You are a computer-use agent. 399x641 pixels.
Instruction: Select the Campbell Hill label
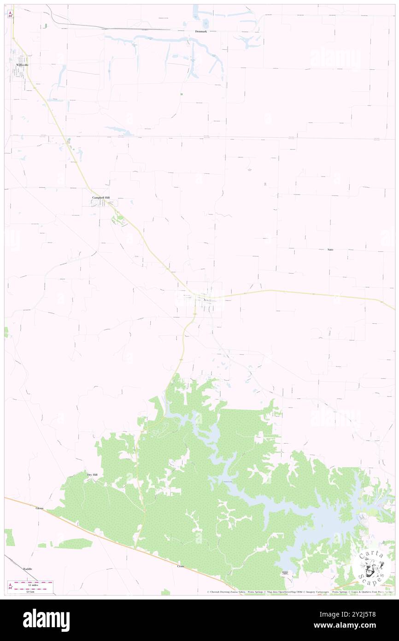(x=100, y=197)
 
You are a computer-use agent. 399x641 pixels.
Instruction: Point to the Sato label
(x=330, y=249)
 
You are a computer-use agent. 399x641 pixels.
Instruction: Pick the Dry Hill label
(x=92, y=474)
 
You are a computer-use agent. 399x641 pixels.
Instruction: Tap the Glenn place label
(x=39, y=508)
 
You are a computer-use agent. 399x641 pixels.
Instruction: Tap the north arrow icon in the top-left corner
(x=10, y=14)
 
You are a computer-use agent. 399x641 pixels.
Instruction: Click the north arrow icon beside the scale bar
(x=10, y=587)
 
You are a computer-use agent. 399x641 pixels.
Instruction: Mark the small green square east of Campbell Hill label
(x=181, y=94)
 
